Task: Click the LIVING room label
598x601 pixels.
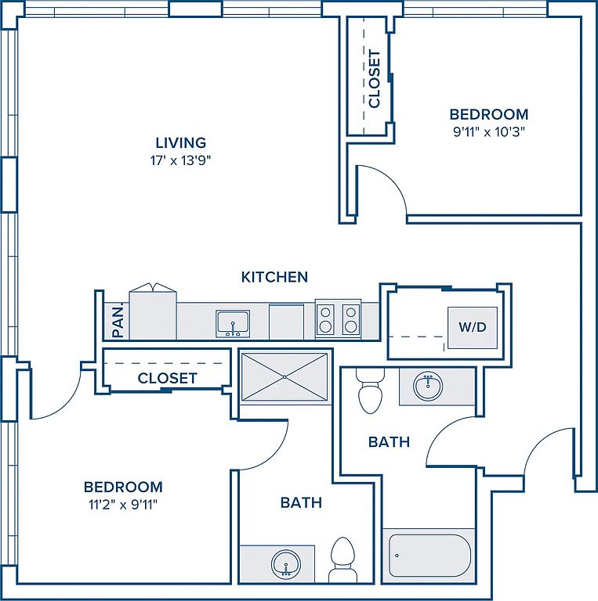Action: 181,142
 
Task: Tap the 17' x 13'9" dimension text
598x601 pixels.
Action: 181,160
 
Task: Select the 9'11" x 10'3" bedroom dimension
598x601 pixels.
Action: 489,131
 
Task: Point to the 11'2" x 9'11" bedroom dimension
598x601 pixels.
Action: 123,505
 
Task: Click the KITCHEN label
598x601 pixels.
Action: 274,277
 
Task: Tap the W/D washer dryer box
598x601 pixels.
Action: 473,327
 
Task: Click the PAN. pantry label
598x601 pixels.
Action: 118,320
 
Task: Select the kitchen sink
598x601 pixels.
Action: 233,324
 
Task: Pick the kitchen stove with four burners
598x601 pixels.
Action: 338,319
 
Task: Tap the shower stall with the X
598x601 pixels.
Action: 285,377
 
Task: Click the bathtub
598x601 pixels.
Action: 429,555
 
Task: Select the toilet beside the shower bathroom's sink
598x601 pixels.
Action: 342,560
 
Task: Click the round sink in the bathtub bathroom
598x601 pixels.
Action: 428,385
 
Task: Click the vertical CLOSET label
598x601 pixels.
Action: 374,78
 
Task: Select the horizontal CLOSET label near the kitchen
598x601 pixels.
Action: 168,378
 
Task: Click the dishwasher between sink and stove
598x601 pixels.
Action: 286,321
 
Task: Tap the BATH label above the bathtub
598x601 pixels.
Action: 389,442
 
